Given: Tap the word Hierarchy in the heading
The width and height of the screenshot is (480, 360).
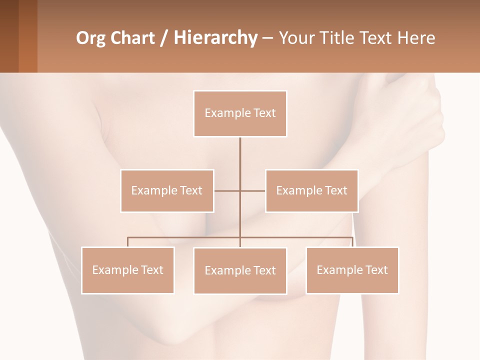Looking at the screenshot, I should [215, 38].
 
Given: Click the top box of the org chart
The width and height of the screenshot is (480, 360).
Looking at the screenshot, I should [240, 113].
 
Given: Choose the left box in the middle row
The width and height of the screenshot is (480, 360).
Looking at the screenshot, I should [167, 190].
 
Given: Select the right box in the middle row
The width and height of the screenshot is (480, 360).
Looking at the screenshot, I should [311, 190].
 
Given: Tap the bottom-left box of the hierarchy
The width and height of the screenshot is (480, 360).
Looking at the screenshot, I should [128, 270].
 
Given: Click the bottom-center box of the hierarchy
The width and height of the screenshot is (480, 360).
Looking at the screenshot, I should [240, 270].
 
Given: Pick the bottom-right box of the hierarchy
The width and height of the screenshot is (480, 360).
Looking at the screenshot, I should [352, 270].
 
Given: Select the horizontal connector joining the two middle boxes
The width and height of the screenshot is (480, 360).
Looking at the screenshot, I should [227, 190].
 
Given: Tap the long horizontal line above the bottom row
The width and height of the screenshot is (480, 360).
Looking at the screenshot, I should [185, 237].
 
